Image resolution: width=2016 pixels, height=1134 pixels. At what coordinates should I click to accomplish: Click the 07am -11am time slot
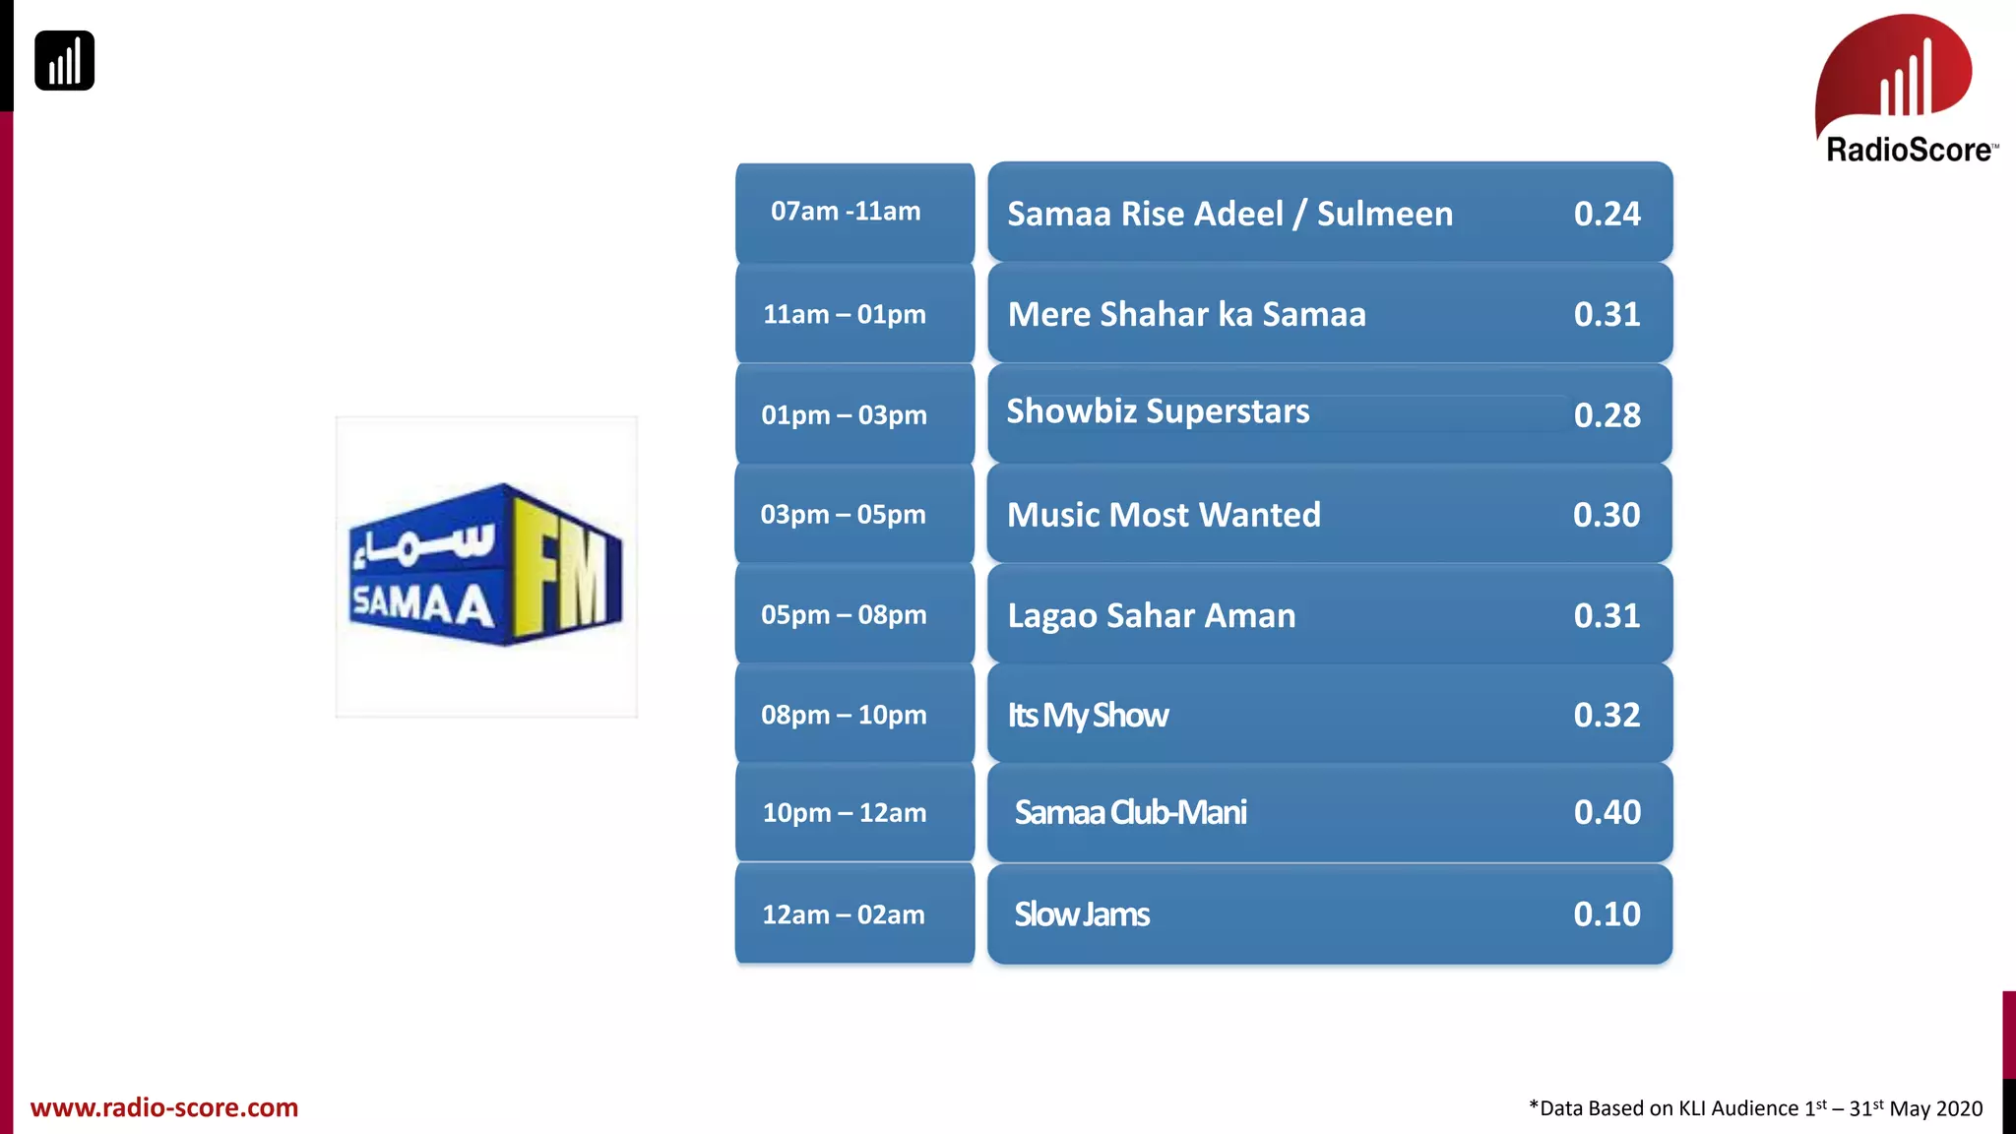tap(846, 212)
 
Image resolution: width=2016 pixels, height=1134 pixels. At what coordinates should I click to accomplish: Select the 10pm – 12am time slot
tap(845, 813)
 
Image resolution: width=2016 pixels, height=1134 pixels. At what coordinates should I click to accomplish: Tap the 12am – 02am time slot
tap(844, 914)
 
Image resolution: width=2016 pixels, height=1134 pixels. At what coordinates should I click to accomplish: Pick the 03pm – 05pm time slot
tap(844, 514)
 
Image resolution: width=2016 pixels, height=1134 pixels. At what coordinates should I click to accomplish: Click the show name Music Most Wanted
tap(1164, 515)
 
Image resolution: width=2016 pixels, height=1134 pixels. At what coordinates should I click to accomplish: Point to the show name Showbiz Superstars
tap(1158, 411)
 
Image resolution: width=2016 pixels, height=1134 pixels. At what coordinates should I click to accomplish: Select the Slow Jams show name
tap(1082, 914)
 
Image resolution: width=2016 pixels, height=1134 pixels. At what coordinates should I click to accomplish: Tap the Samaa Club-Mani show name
tap(1130, 813)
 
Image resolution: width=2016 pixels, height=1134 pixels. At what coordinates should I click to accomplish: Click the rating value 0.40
tap(1606, 812)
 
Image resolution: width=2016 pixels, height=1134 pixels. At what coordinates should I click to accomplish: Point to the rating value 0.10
tap(1606, 914)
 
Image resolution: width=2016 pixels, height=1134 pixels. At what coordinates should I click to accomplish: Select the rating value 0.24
tap(1606, 214)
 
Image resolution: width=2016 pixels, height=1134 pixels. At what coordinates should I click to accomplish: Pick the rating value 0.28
tap(1606, 415)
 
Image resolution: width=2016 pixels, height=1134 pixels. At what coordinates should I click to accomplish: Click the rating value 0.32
tap(1606, 715)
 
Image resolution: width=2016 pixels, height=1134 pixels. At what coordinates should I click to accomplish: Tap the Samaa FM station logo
tap(486, 566)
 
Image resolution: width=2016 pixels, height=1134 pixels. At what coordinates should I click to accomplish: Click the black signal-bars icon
tap(65, 61)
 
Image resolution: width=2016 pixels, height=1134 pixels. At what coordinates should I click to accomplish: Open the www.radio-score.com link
tap(164, 1107)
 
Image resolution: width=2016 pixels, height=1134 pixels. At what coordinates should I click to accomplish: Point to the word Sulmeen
tap(1384, 214)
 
